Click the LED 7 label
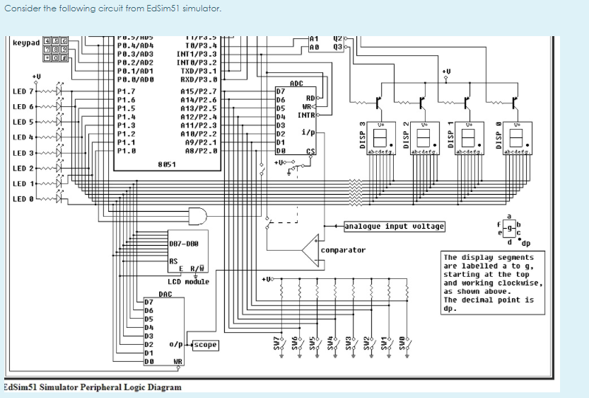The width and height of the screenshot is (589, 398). coord(23,91)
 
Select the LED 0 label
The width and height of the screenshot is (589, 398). coord(23,199)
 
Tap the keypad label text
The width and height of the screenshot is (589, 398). coord(26,43)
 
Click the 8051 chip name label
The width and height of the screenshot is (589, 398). coord(167,164)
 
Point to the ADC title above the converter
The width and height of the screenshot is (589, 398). coord(297,84)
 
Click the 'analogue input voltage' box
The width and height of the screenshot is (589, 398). coord(395,227)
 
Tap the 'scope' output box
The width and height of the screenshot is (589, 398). coord(205,345)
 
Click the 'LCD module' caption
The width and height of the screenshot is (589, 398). coord(188,282)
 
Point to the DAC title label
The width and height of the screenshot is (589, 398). coord(165,294)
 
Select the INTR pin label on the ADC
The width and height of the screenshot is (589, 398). coord(305,115)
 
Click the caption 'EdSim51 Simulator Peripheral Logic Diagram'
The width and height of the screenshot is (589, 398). coord(92,387)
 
